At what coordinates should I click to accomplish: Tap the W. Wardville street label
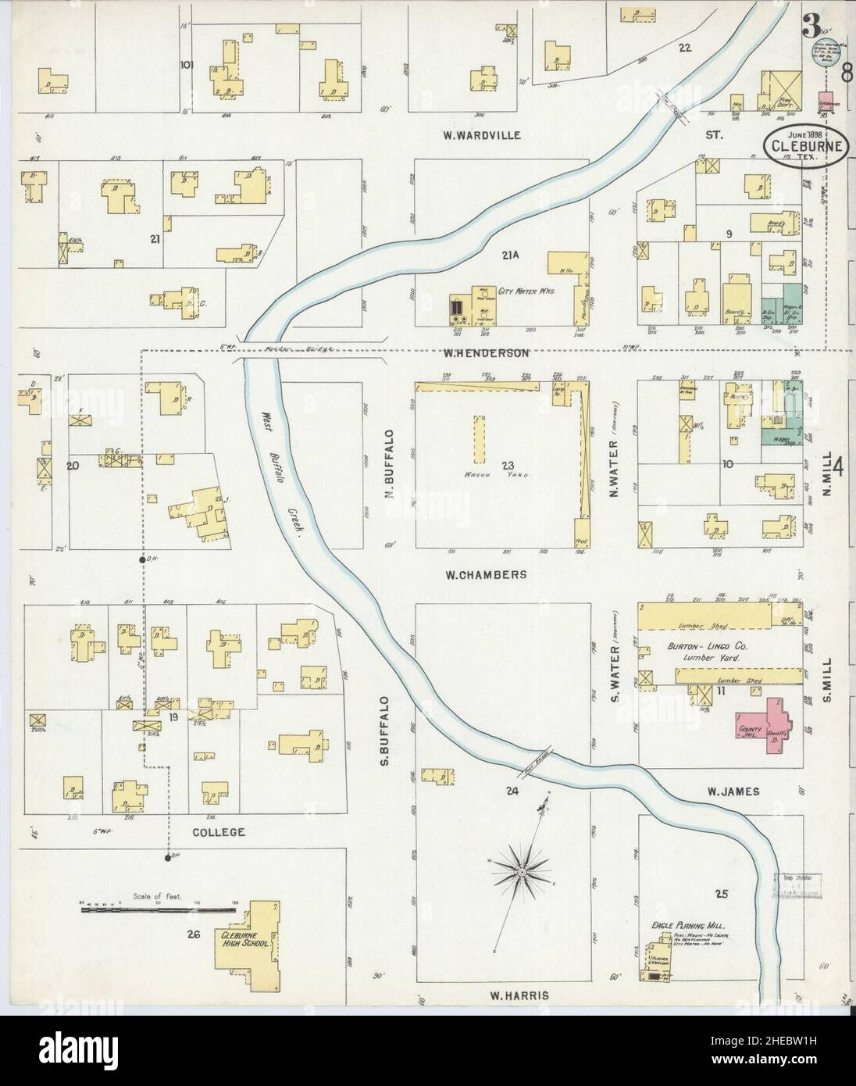tap(480, 135)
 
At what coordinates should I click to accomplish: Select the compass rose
tap(519, 870)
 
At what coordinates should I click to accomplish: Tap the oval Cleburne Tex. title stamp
tap(803, 146)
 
